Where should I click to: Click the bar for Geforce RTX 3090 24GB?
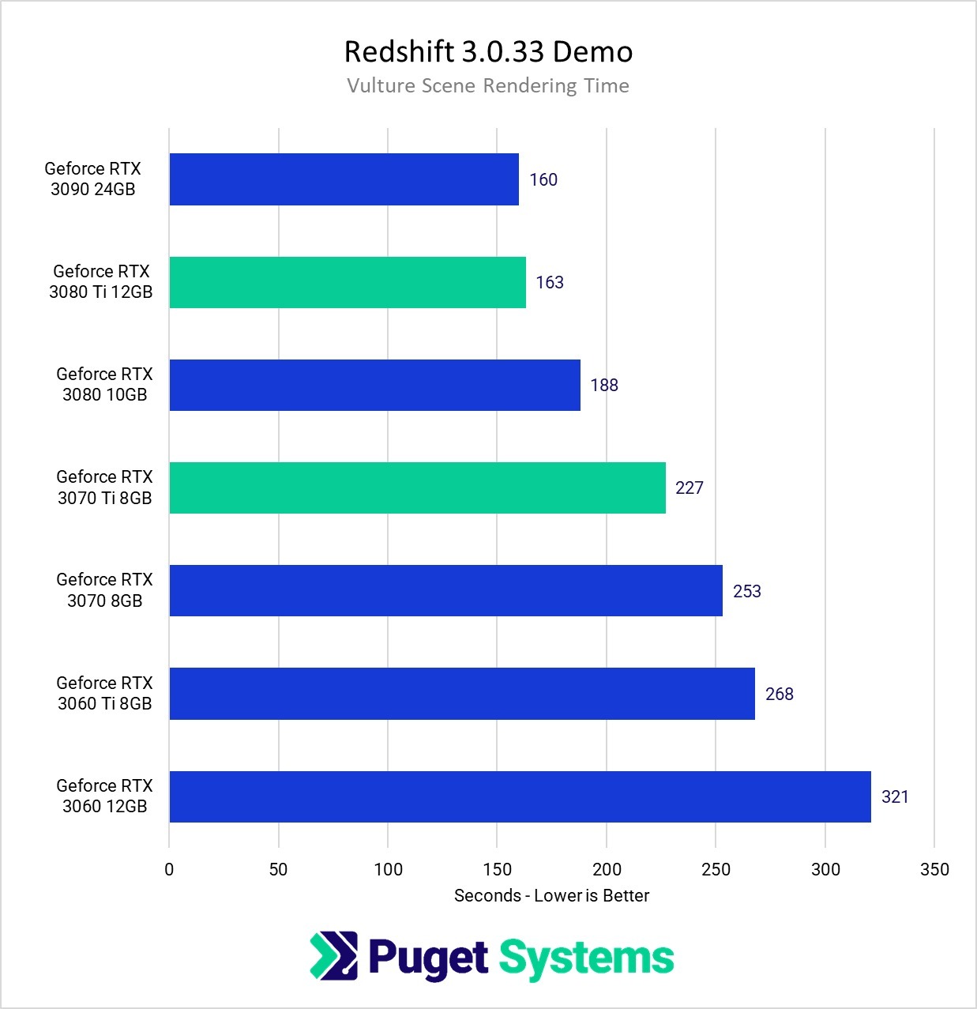pos(344,179)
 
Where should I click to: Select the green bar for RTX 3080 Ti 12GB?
pos(348,282)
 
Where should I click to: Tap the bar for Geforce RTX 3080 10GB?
pos(374,385)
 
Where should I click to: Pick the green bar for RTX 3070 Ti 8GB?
pos(417,488)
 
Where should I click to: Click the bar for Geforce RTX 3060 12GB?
pos(520,796)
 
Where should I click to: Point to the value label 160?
pos(543,180)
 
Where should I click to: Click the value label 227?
pos(690,488)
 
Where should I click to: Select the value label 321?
pos(895,797)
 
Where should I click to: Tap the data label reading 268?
pos(780,695)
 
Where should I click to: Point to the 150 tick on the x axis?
pos(497,870)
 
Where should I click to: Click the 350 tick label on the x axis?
pos(934,870)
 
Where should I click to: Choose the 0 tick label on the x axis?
pos(169,870)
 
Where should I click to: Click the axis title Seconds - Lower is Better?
pos(551,896)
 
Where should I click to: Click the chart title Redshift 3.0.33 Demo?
pos(488,52)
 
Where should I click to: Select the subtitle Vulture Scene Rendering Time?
pos(488,86)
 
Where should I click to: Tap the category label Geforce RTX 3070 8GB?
pos(104,590)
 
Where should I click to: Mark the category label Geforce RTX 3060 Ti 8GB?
pos(104,693)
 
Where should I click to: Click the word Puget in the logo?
pos(427,958)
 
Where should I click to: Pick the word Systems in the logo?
pos(586,958)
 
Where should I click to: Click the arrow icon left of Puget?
pos(333,956)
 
